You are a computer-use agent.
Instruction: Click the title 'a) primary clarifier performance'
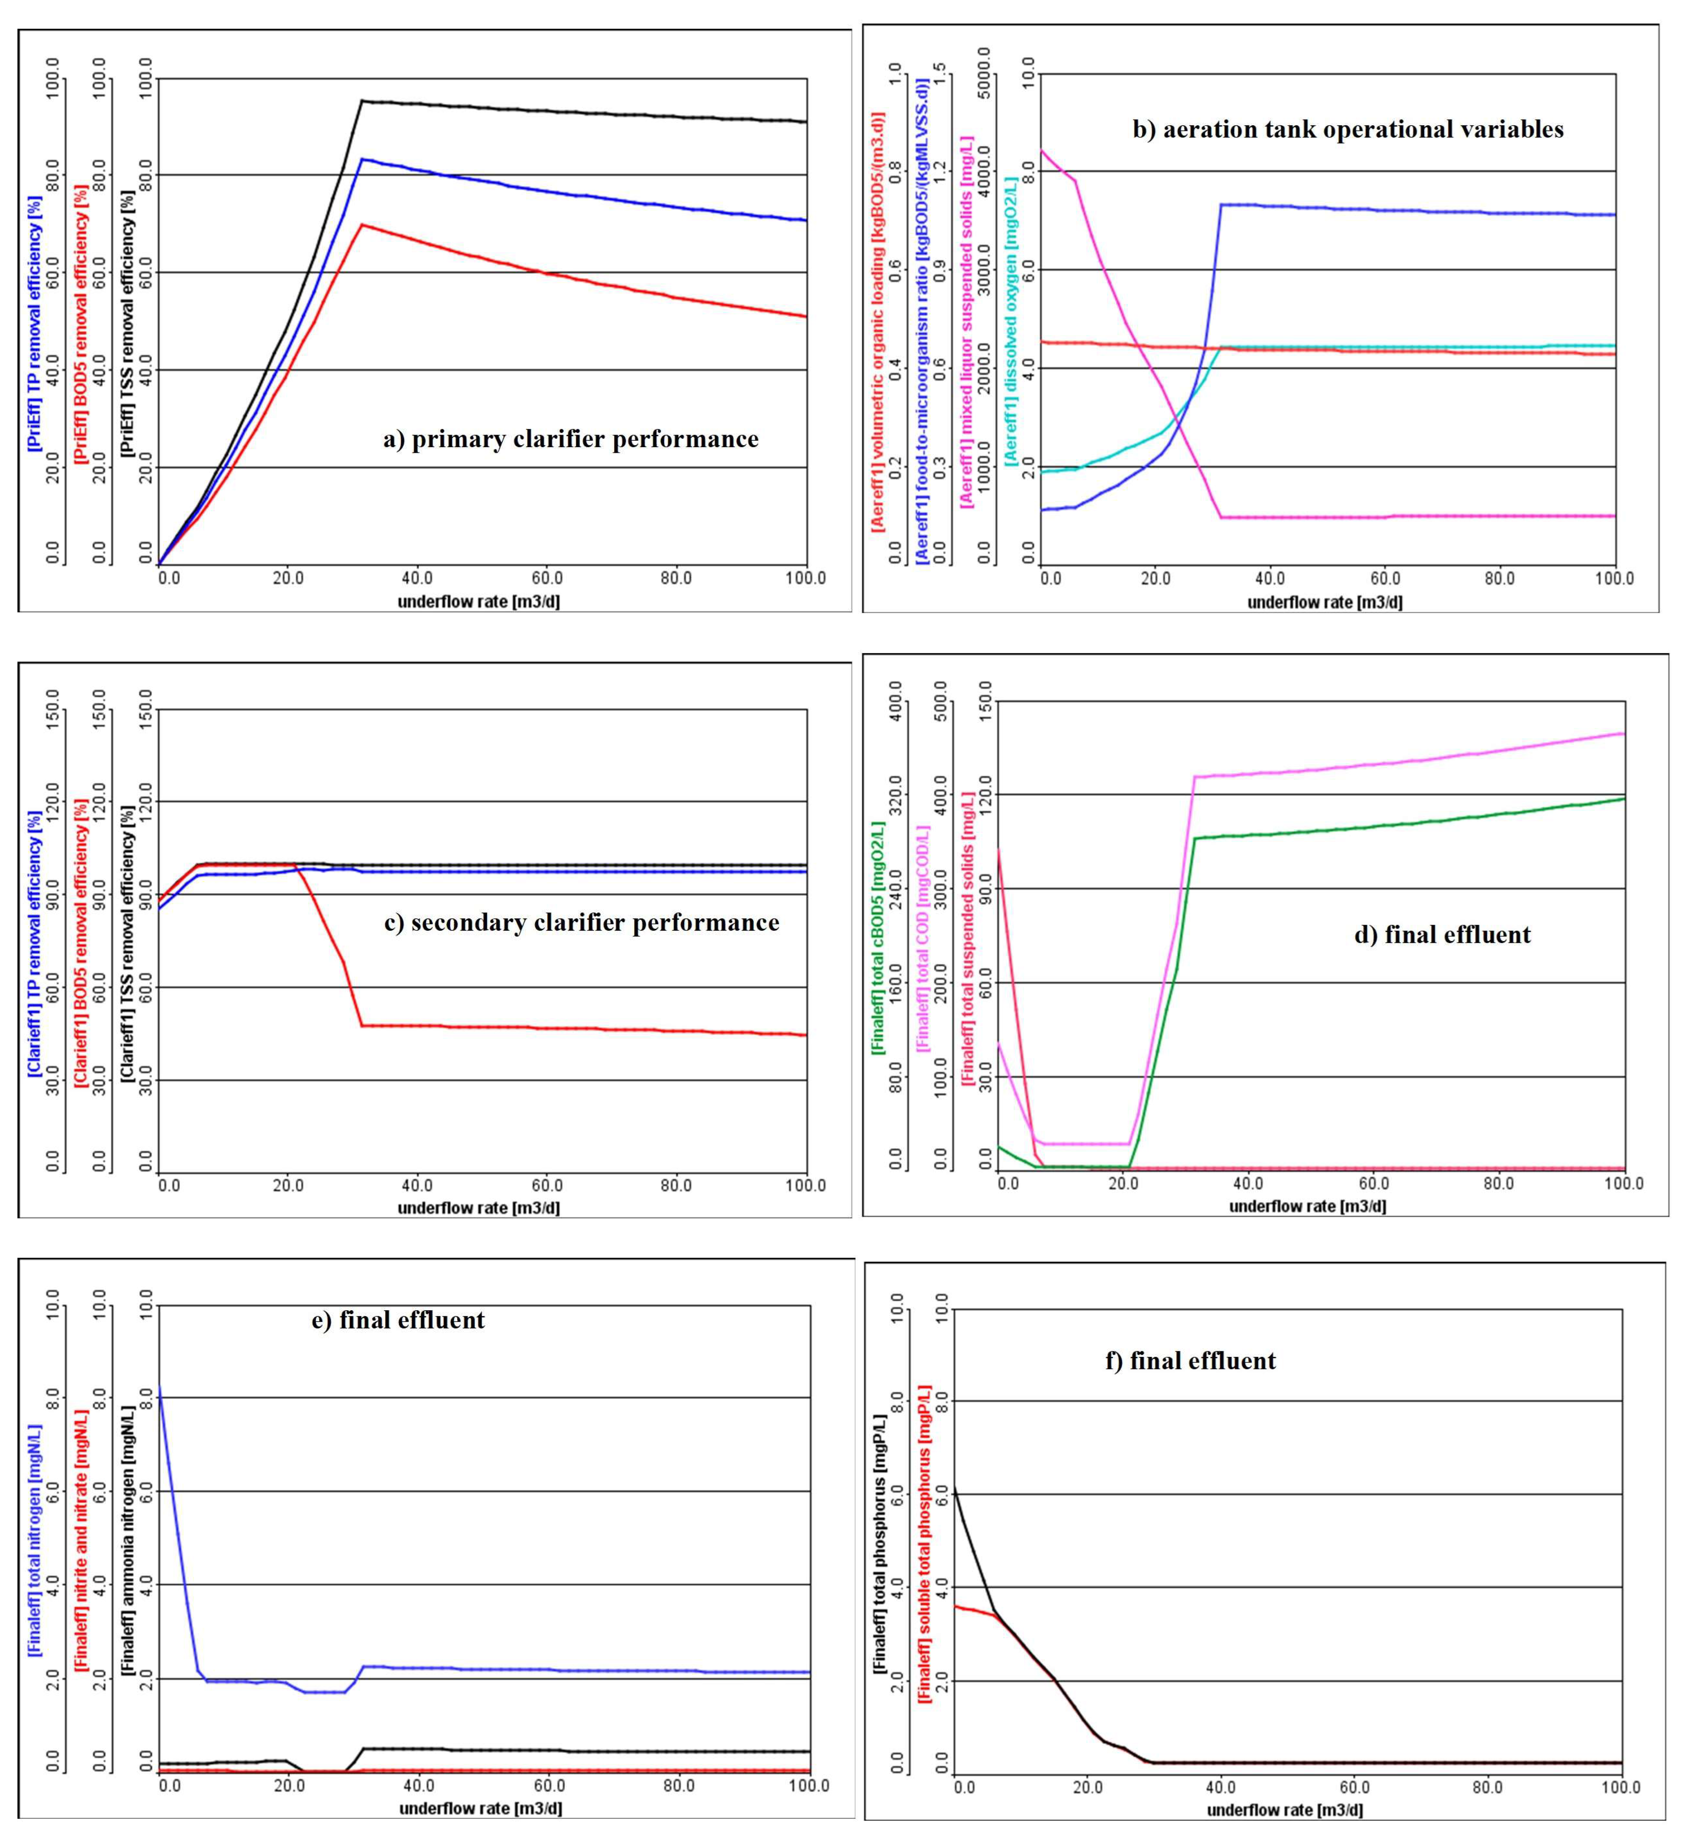[x=571, y=440]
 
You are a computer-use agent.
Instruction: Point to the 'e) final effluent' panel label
[x=399, y=1320]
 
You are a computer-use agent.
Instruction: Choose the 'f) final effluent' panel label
[x=1190, y=1361]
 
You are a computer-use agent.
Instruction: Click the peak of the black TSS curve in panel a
[x=362, y=101]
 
